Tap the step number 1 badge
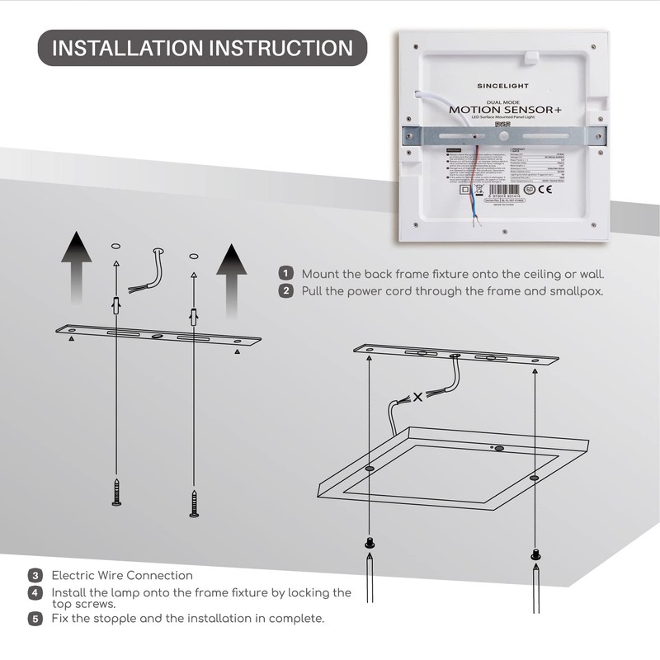coord(286,274)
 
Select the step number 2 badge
coord(286,290)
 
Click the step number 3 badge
coord(35,575)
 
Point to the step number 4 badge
coord(35,592)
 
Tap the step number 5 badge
coord(35,618)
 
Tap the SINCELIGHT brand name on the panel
coord(503,85)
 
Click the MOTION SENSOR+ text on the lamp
coord(502,109)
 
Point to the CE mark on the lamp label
coord(545,189)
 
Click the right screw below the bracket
coord(195,502)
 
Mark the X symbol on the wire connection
coord(418,397)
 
